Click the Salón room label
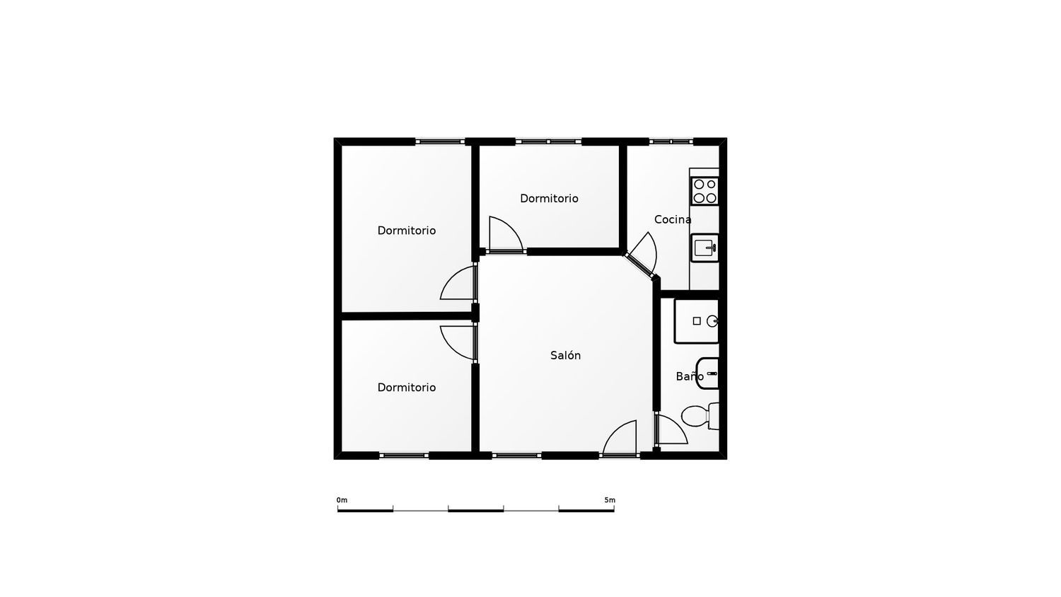click(565, 355)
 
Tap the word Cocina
click(672, 219)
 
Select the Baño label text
click(689, 376)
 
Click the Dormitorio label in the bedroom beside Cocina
click(549, 198)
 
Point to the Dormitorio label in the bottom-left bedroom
click(406, 387)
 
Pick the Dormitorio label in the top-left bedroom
click(406, 230)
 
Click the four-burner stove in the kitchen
click(705, 191)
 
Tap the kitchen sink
click(705, 248)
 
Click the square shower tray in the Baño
click(697, 321)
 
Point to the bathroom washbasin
click(708, 373)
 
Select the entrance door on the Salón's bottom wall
click(620, 439)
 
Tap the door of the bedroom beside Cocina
click(505, 236)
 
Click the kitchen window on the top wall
click(671, 141)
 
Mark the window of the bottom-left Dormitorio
click(404, 456)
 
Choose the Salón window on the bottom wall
click(516, 456)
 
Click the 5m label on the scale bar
click(609, 500)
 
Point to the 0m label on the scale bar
click(342, 500)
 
